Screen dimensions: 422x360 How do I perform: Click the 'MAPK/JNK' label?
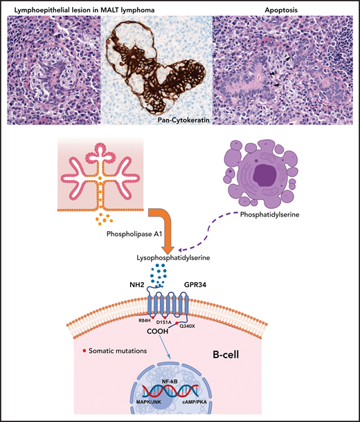[x=145, y=403]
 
